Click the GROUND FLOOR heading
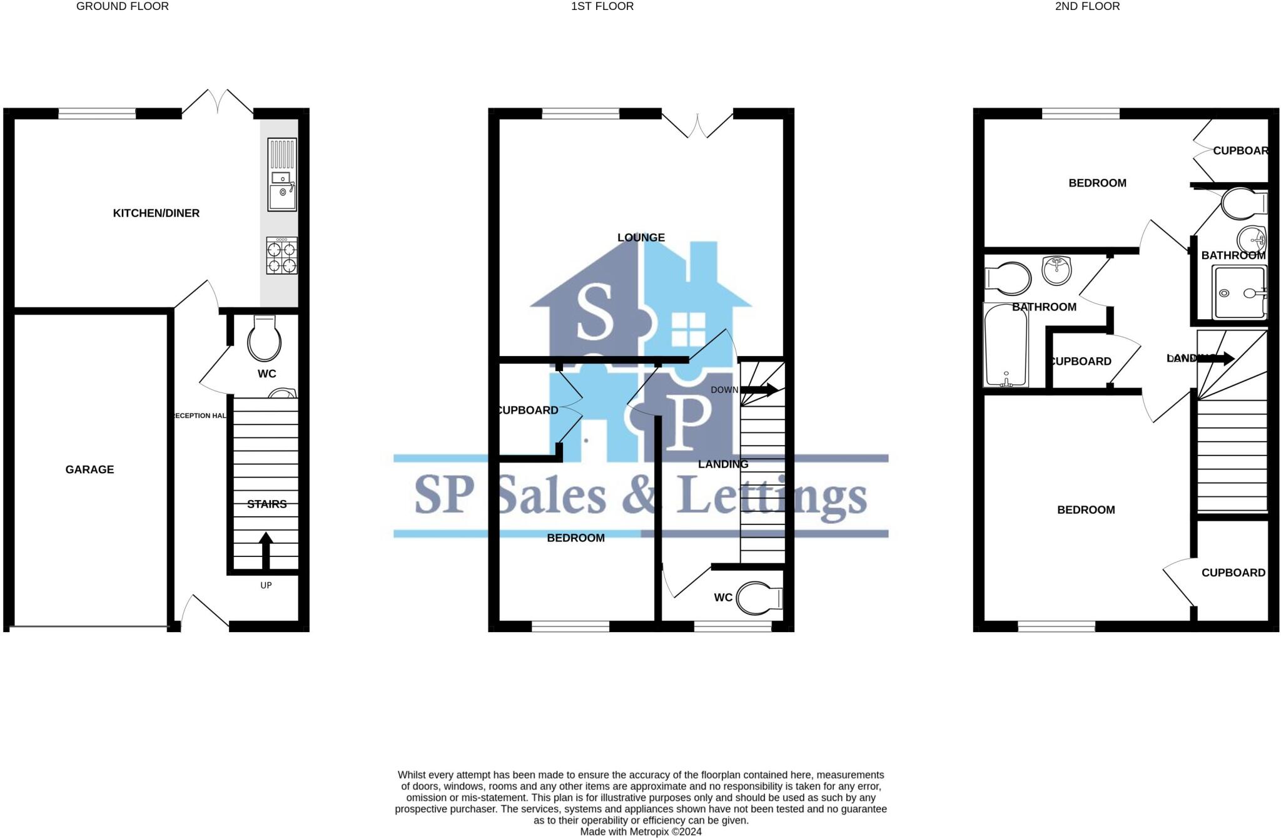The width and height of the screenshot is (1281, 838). (x=122, y=6)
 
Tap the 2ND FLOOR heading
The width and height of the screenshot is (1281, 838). (x=1087, y=6)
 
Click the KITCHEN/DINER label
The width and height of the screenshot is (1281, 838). (x=156, y=213)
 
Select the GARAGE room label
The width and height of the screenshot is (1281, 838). (x=89, y=469)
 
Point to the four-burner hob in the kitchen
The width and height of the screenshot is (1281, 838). (x=281, y=255)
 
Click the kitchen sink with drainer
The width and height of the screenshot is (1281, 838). (x=282, y=175)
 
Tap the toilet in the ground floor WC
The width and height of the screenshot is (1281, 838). (x=264, y=339)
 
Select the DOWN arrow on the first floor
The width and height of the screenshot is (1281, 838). (x=760, y=390)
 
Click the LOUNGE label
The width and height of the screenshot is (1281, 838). (x=640, y=238)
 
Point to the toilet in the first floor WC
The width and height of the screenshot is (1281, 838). (x=758, y=598)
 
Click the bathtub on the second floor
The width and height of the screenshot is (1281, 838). (x=1006, y=345)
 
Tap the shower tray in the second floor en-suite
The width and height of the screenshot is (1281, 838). (x=1238, y=292)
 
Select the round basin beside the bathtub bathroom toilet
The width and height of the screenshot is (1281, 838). (x=1057, y=270)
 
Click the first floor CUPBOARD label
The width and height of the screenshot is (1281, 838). (x=527, y=411)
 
